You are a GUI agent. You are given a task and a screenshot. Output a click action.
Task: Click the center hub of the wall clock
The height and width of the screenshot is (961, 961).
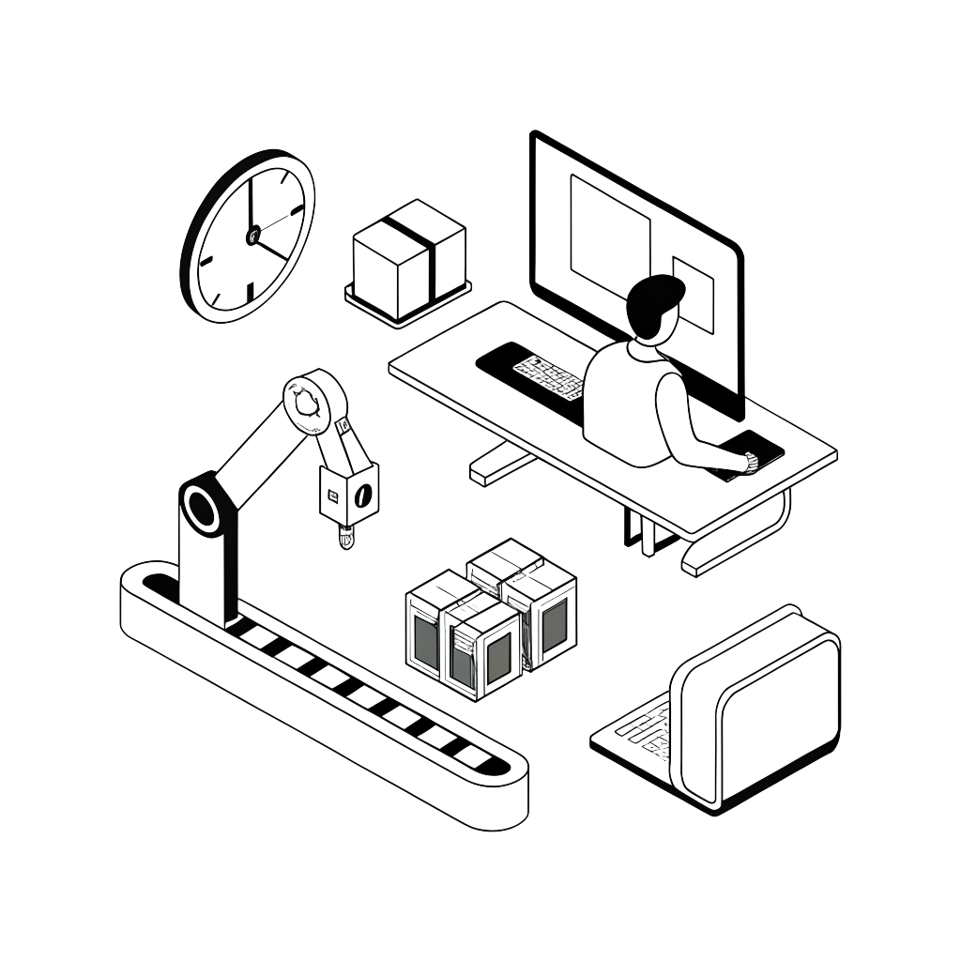[x=252, y=235]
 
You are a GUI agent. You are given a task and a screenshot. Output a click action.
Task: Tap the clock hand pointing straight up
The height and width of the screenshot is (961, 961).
[x=251, y=202]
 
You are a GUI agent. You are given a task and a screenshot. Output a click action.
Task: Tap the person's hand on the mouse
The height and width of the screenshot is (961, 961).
[x=749, y=459]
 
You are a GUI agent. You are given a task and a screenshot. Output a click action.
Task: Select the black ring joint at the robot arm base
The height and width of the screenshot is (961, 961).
[x=202, y=509]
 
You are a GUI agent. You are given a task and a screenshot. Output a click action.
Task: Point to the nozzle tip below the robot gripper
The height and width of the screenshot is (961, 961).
[x=345, y=539]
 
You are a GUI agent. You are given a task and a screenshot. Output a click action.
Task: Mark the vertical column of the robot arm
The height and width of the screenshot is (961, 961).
[x=207, y=572]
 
